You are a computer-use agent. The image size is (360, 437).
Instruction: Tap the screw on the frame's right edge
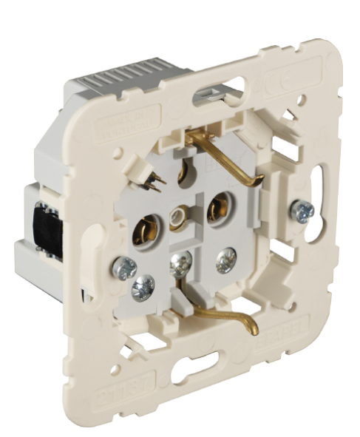302,211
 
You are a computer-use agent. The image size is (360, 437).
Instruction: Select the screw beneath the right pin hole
226,257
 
